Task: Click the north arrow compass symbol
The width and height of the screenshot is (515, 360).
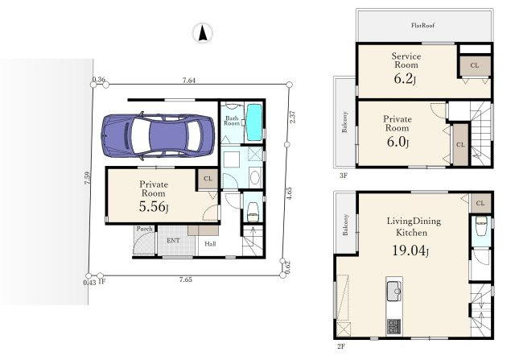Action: click(203, 33)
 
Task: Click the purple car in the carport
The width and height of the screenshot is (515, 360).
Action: click(158, 135)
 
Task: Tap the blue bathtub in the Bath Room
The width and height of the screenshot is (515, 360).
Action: click(254, 122)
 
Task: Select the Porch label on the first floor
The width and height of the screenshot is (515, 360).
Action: click(145, 229)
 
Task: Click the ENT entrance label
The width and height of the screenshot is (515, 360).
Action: click(173, 240)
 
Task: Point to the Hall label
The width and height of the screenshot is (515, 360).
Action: click(210, 243)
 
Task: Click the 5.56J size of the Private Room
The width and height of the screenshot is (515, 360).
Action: click(154, 207)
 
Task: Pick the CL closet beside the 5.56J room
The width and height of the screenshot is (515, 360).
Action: click(208, 179)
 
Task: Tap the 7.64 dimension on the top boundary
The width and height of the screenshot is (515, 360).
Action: click(189, 81)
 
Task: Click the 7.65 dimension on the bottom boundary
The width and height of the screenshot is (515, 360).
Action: click(186, 279)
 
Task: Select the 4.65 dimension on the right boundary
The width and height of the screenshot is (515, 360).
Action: click(289, 193)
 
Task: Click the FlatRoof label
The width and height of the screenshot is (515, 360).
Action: click(422, 25)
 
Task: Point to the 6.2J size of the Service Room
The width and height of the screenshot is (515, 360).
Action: click(405, 79)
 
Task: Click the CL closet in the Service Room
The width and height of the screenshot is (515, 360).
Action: click(475, 66)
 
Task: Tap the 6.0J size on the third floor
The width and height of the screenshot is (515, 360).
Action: click(398, 142)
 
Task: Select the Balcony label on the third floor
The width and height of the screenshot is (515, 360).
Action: click(344, 122)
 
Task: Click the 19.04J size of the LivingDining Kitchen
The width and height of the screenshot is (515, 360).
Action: click(410, 250)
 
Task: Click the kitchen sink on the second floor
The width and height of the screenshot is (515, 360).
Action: click(393, 291)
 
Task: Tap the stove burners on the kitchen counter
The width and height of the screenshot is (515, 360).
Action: click(393, 326)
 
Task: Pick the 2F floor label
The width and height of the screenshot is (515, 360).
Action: click(341, 346)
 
